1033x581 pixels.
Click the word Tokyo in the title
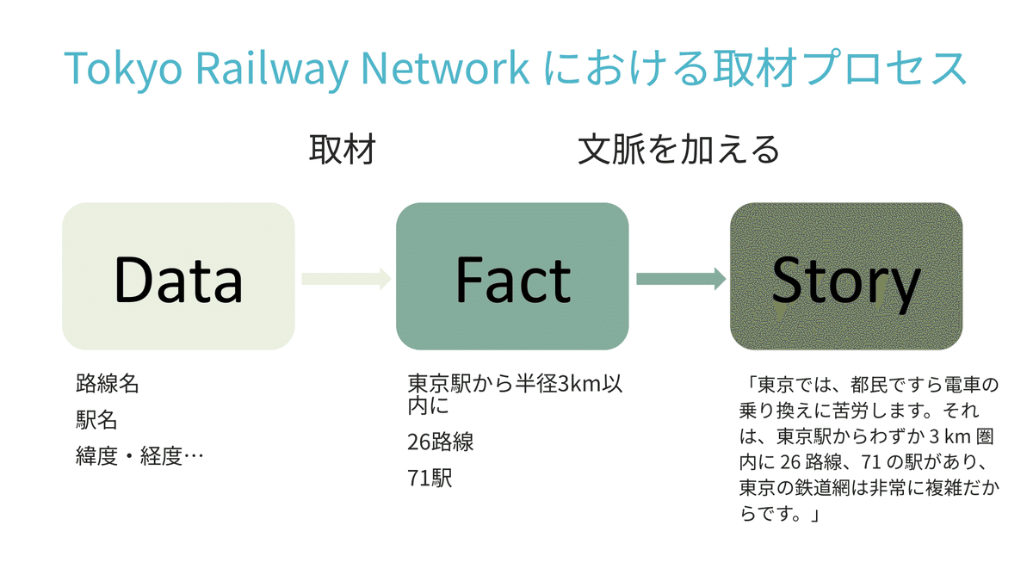tap(123, 69)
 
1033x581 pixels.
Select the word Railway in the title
tap(272, 69)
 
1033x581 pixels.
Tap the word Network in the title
tap(445, 68)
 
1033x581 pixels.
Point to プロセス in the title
tap(887, 68)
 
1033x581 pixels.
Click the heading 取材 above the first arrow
tap(343, 150)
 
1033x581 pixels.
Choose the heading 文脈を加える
tap(678, 150)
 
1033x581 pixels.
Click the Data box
tap(178, 276)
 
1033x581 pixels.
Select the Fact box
tap(512, 276)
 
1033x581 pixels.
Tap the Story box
tap(846, 276)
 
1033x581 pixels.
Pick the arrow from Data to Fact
tap(346, 279)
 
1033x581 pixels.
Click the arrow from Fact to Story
tap(681, 279)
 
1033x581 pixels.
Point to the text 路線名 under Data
tap(107, 384)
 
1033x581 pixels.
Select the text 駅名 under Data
tap(96, 420)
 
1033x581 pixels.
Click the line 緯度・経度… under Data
tap(139, 456)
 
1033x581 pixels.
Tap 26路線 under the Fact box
tap(440, 442)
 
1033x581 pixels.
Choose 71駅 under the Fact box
tap(430, 479)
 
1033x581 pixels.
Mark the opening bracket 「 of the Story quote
tap(751, 384)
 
